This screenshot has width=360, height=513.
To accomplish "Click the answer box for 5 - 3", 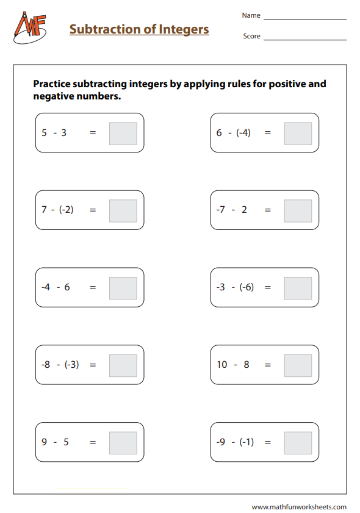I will pos(123,133).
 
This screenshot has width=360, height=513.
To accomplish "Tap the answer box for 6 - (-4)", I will pos(298,133).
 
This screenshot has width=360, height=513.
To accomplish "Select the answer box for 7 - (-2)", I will pos(123,210).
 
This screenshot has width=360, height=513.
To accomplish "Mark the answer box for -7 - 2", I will pos(298,210).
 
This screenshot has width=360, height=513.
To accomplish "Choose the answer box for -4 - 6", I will pos(123,288).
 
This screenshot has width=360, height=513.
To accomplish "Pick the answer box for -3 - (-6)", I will pos(298,288).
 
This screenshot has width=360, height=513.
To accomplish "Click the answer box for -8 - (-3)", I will pos(123,365).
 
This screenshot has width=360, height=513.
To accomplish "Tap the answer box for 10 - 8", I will pos(298,365).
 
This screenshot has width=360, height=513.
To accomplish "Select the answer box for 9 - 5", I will pos(123,443).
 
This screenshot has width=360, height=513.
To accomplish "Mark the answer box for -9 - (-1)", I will pos(298,443).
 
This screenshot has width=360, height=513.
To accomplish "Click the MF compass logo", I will pos(29,28).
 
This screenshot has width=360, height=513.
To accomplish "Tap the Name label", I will pos(251,15).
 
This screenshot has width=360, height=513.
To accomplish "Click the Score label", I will pos(251,36).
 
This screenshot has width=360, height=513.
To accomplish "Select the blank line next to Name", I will pos(304,19).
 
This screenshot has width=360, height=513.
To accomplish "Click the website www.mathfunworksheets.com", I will pos(299,507).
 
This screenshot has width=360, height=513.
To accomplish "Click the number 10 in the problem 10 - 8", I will pos(221,365).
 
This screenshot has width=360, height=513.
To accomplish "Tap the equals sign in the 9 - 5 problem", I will pos(93,442).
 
